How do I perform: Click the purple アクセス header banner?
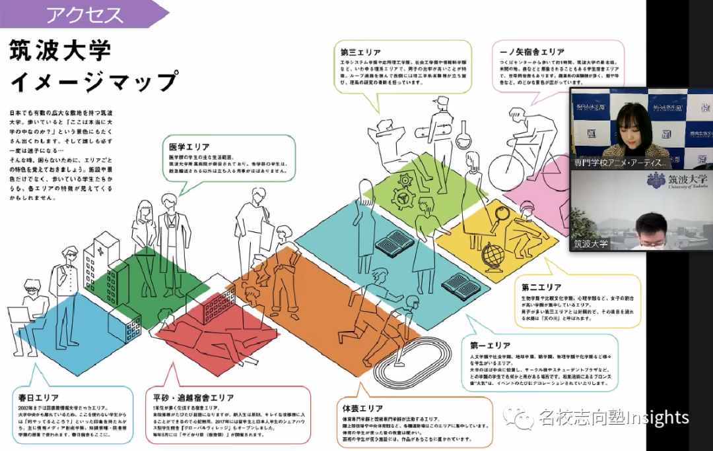[86, 14]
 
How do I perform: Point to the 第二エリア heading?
[541, 287]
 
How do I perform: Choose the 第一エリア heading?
[491, 345]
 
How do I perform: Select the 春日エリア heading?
[38, 398]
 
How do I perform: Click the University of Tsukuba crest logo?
[656, 181]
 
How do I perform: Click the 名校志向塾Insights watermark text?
[614, 417]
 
